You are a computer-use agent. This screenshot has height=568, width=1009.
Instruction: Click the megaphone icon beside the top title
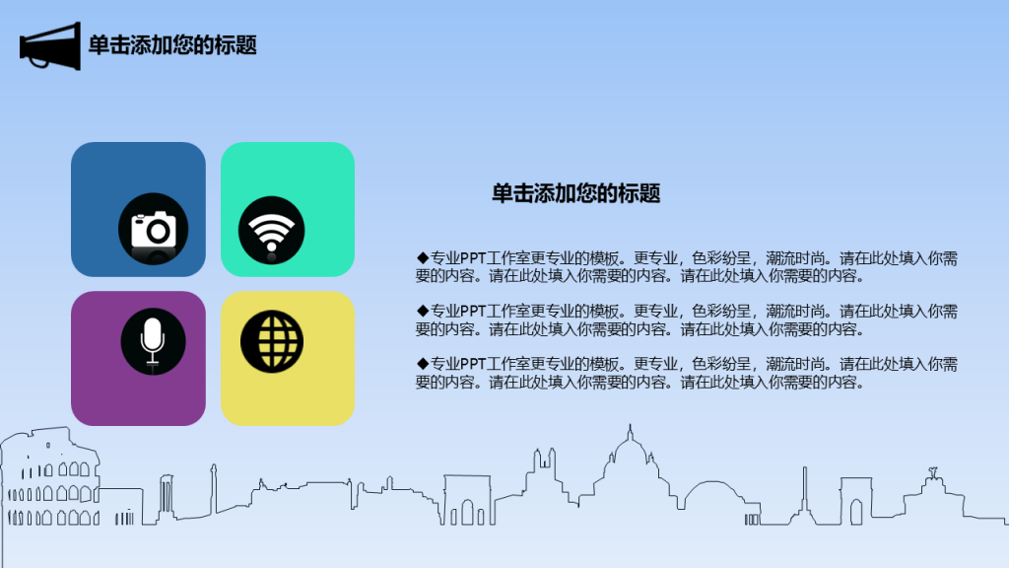point(50,46)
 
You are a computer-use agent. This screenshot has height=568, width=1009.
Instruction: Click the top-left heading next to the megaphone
point(172,45)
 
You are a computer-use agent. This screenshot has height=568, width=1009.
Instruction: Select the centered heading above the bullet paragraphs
point(575,193)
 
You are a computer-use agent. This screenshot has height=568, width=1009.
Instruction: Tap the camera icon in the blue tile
point(153,229)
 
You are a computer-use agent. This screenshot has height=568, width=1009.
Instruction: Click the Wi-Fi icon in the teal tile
point(272,230)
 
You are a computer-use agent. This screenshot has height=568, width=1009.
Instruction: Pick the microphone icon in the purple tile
point(153,341)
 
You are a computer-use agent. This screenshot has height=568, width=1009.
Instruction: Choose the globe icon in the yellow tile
point(272,342)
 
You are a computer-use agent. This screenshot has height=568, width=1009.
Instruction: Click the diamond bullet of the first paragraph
point(422,258)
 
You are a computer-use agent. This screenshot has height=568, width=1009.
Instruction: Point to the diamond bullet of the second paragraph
point(422,311)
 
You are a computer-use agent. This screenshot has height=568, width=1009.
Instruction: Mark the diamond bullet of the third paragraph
point(422,364)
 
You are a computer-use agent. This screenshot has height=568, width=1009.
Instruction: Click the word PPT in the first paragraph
point(473,258)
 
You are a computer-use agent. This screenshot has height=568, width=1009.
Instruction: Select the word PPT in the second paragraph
point(473,311)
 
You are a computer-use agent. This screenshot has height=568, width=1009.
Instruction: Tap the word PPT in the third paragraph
point(473,364)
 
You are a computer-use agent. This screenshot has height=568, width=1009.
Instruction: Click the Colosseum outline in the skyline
point(50,476)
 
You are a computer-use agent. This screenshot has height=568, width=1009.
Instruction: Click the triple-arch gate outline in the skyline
point(467,500)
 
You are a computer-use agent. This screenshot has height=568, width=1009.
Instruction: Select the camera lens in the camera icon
point(158,231)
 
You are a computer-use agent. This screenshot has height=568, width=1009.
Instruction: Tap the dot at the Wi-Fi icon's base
point(272,247)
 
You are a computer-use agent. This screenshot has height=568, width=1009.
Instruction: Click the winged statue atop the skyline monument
point(932,473)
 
